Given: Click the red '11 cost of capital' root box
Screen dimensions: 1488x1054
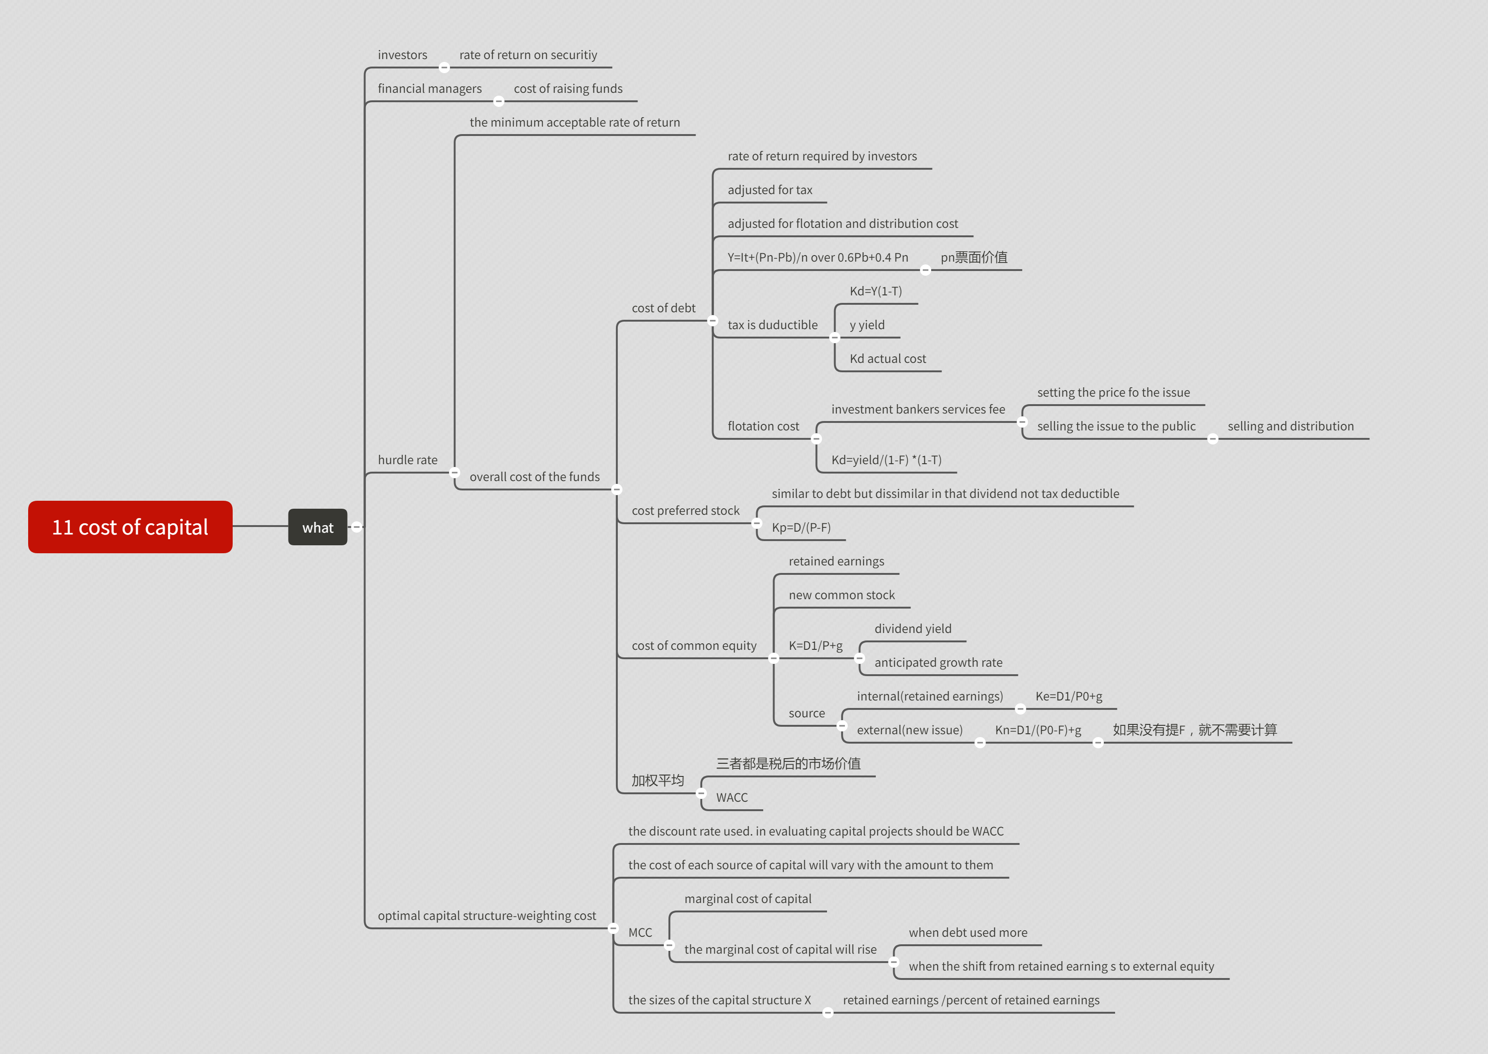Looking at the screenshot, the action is point(130,527).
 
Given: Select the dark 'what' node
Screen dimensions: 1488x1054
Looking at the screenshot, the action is point(318,527).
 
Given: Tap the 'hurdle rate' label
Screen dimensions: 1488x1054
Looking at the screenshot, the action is point(407,460).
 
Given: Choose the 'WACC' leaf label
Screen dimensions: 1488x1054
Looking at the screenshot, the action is point(732,798).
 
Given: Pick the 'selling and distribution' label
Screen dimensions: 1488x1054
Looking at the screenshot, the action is point(1290,426).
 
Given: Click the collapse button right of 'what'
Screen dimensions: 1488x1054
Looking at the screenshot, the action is point(357,527).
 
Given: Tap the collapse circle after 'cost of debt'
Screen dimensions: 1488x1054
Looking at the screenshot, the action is point(712,321).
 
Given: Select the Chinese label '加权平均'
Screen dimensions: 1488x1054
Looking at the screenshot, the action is point(658,781).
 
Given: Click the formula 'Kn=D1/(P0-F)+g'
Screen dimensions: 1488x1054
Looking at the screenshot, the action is point(1038,730).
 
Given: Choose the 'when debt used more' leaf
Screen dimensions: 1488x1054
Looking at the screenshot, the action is point(967,933).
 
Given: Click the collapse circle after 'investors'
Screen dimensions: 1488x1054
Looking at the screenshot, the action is point(444,68).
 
